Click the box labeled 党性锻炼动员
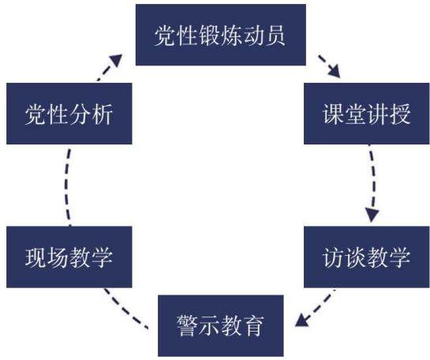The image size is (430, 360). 221,35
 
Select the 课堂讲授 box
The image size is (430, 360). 367,114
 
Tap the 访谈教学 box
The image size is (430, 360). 367,257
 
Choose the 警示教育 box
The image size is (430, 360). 221,326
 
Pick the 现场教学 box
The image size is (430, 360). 69,257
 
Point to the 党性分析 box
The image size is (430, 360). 69,114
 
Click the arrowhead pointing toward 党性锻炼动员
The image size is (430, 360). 116,60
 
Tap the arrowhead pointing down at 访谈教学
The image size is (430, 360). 372,215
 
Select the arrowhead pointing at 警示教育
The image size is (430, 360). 302,321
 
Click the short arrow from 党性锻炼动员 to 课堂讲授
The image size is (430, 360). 329,66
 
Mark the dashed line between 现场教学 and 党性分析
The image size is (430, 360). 66,187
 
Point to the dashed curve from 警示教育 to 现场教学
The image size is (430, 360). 125,310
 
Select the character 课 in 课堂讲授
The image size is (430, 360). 333,114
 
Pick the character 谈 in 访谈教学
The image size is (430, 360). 355,257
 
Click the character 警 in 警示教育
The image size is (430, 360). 187,326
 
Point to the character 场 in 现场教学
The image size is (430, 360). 58,257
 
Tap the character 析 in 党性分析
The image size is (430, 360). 103,114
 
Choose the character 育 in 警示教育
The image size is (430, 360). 254,326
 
